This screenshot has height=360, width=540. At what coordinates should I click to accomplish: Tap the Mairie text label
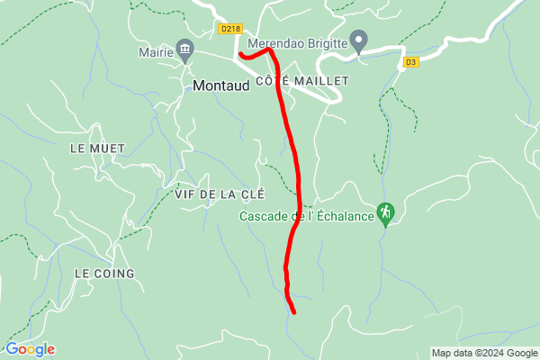click(x=155, y=52)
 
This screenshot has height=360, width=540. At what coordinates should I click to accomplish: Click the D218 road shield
click(x=229, y=29)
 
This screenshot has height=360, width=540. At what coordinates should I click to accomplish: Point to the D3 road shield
click(x=411, y=62)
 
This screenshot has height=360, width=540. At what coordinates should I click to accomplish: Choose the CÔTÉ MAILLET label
click(x=302, y=81)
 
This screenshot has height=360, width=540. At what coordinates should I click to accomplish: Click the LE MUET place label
click(x=96, y=148)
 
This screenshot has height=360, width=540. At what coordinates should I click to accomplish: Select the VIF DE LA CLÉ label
click(x=214, y=193)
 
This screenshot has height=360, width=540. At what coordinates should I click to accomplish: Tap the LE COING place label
click(x=104, y=273)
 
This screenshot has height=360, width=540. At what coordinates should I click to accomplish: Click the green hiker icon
click(x=386, y=212)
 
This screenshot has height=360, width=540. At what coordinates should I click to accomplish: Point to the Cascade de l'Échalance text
click(x=306, y=217)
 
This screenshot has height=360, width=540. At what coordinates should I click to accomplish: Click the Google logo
click(x=30, y=349)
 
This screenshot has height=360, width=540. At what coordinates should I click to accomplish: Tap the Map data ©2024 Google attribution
click(x=482, y=352)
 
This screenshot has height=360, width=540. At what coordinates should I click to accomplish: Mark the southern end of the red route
click(x=294, y=312)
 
